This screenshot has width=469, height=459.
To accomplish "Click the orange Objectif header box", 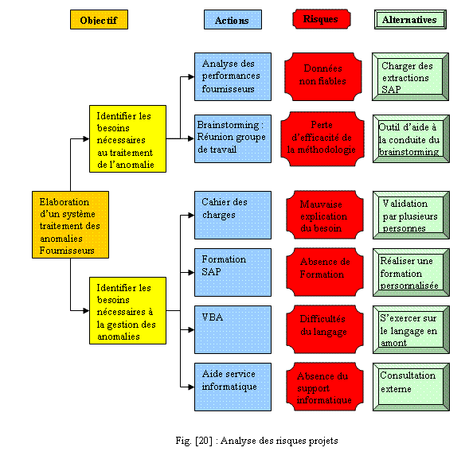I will (x=99, y=19).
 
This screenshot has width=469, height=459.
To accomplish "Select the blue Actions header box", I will (x=232, y=20).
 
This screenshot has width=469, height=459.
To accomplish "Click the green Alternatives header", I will (x=409, y=19).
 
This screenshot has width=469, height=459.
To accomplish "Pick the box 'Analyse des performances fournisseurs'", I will (x=233, y=76).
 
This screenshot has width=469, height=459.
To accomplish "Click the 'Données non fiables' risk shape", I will (x=322, y=76).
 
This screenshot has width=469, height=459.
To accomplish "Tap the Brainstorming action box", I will (x=233, y=136).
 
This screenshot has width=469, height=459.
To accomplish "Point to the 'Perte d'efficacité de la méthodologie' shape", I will (x=322, y=136).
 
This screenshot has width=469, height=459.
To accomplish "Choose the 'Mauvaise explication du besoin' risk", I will (x=322, y=215).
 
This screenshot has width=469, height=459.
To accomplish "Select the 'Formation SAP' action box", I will (x=233, y=271).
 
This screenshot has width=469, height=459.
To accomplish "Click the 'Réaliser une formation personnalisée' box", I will (x=410, y=271).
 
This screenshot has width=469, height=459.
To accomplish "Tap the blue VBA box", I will (x=233, y=328).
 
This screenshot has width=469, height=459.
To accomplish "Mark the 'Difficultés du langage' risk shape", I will (x=322, y=328).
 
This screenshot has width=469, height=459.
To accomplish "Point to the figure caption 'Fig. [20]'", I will (x=234, y=440).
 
